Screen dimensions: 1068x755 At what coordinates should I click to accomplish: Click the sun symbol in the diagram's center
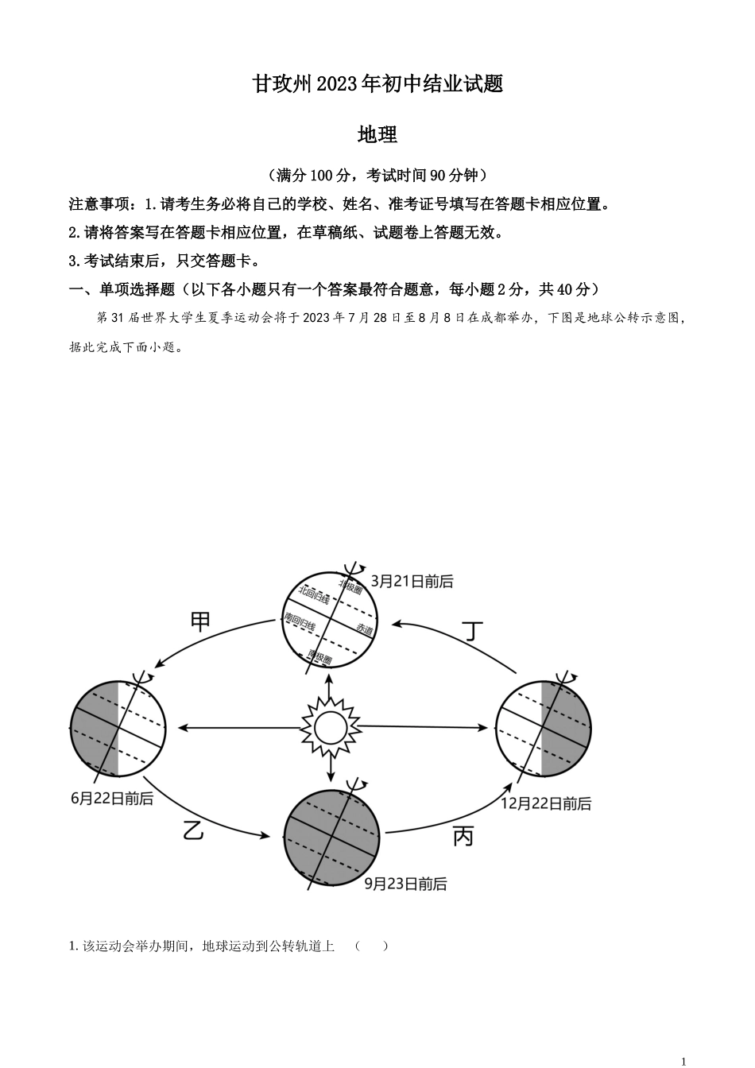point(330,726)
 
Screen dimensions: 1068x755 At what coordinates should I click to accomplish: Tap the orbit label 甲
point(201,621)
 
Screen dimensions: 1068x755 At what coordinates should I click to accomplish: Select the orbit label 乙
point(194,830)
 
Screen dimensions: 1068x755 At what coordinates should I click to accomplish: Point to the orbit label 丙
point(463,836)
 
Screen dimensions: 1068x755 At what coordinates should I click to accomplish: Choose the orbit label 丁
point(473,631)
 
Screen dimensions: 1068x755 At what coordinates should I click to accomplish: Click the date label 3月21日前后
point(412,582)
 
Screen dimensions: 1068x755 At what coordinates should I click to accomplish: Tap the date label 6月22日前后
point(112,799)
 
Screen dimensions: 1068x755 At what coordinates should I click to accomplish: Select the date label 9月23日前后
point(405,884)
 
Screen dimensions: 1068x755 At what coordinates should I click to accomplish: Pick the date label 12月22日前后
point(546,803)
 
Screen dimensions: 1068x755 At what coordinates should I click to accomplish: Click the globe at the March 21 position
point(330,619)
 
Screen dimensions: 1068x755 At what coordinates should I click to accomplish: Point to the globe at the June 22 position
point(118,728)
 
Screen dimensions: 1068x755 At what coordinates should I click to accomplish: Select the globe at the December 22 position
point(544,728)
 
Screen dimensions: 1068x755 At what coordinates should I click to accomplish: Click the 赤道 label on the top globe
point(364,629)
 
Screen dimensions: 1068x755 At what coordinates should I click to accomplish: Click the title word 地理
point(377,135)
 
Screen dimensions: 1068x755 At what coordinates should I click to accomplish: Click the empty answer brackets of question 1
point(372,946)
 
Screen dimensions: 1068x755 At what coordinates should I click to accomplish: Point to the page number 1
point(683,1060)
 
